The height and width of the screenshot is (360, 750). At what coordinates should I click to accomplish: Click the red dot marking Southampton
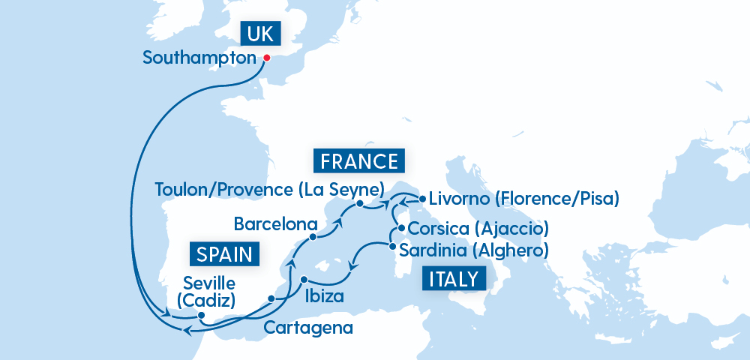point(266,57)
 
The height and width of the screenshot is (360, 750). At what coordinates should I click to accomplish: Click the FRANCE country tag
point(358,161)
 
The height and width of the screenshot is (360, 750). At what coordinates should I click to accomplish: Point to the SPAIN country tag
point(225,253)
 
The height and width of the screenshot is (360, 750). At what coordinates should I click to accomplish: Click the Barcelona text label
point(275,223)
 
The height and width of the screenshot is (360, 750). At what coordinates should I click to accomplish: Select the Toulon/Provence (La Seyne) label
point(269,189)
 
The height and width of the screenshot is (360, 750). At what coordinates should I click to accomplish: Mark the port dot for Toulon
point(360,204)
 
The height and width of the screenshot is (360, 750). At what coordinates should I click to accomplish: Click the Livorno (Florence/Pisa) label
point(523,199)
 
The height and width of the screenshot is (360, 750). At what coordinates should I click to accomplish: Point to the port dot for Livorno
point(421,199)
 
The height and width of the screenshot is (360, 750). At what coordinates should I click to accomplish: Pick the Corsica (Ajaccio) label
point(479,228)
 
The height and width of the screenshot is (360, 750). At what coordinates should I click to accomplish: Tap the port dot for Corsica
point(401,229)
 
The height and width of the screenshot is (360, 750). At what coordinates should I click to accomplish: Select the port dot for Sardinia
point(392,244)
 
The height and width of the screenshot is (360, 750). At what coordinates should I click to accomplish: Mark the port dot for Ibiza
point(304,280)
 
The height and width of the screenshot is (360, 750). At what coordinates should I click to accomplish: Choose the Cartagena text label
point(307,328)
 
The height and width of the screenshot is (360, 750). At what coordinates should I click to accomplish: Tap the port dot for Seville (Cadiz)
point(202,315)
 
